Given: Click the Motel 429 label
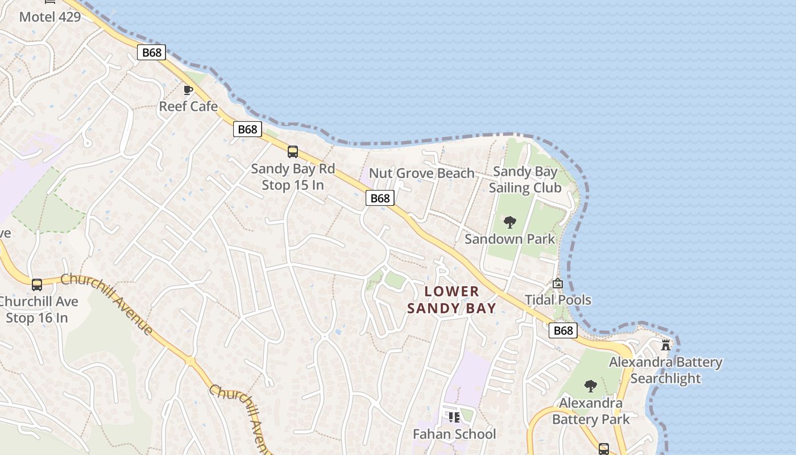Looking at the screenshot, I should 50,16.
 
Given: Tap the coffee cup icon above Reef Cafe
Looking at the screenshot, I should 188,90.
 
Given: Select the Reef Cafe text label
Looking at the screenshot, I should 188,106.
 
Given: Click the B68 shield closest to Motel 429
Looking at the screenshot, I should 151,53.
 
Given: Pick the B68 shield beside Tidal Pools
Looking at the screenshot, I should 563,330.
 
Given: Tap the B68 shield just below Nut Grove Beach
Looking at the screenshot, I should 380,198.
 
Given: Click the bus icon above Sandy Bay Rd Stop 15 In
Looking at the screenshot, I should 293,152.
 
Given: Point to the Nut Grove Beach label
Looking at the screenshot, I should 422,173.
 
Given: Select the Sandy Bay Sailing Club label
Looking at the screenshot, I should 525,180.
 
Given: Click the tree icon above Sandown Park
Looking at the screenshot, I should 510,222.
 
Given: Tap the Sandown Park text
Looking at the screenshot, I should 509,239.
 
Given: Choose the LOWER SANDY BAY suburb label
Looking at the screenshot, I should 452,300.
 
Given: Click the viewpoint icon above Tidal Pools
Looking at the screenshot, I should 558,283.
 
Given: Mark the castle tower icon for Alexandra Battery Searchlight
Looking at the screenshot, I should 666,345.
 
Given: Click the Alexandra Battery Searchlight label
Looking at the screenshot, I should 666,370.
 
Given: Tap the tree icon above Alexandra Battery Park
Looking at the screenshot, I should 591,386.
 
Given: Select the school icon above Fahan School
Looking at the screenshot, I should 454,417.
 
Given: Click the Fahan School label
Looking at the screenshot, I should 454,435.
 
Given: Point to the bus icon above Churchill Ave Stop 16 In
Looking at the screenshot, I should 37,284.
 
